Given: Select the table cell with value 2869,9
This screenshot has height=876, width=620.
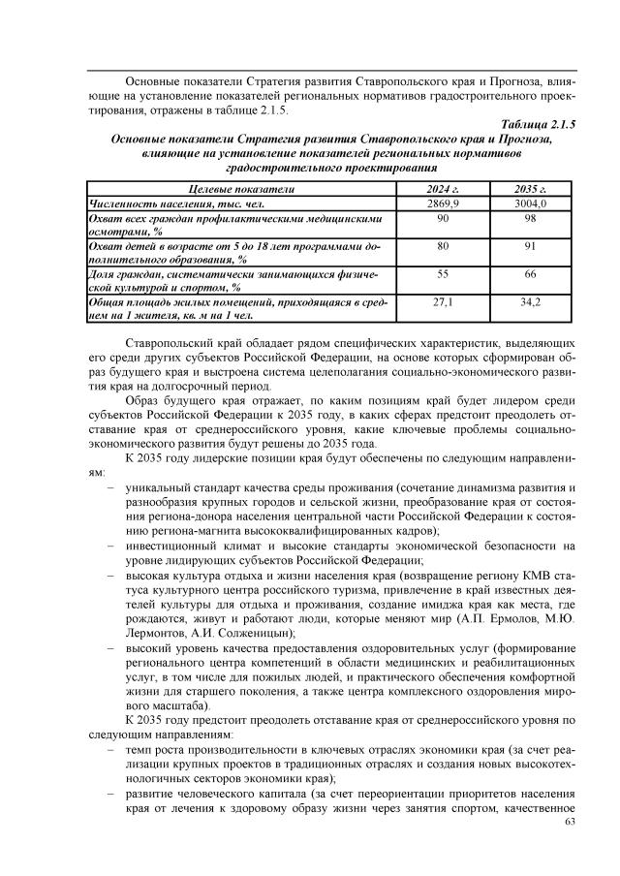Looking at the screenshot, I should click(x=443, y=204).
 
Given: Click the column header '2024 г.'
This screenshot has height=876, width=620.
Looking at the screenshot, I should click(x=443, y=189).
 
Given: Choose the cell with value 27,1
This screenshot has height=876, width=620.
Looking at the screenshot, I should click(x=443, y=303).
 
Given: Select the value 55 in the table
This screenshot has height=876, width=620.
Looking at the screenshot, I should click(x=443, y=275).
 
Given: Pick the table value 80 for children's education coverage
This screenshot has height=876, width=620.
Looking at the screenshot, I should click(x=443, y=247).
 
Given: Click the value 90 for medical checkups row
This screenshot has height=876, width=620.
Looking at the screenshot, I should click(x=443, y=220).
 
